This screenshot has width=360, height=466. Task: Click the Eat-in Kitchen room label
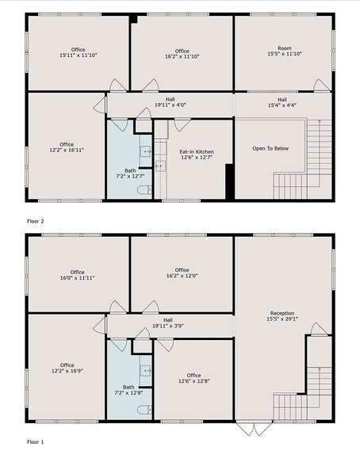pyautogui.click(x=196, y=155)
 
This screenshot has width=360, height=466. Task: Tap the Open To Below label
pyautogui.click(x=270, y=149)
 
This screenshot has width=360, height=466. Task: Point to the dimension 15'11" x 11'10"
pyautogui.click(x=78, y=55)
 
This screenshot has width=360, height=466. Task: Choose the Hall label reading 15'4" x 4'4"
pyautogui.click(x=282, y=103)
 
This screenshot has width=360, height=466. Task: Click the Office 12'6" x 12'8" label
pyautogui.click(x=194, y=379)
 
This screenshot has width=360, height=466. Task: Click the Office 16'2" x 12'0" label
pyautogui.click(x=182, y=273)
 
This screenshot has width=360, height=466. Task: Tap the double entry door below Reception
pyautogui.click(x=253, y=429)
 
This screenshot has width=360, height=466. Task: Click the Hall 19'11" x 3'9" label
pyautogui.click(x=168, y=323)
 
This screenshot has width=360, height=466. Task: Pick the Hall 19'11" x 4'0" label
pyautogui.click(x=168, y=103)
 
